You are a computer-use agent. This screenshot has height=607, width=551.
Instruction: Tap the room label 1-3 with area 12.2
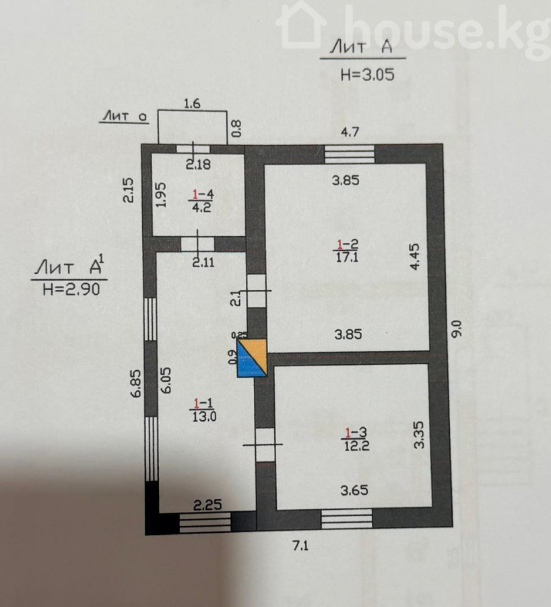356,439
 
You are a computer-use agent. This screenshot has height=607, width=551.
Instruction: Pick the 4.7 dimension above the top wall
348,132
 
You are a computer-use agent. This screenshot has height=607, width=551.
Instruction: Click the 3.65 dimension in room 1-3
354,491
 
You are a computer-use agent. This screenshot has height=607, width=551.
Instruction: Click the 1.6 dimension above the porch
193,103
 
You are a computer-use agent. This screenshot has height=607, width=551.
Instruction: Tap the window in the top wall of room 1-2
349,154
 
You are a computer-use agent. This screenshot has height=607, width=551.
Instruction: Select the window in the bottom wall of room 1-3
346,519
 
